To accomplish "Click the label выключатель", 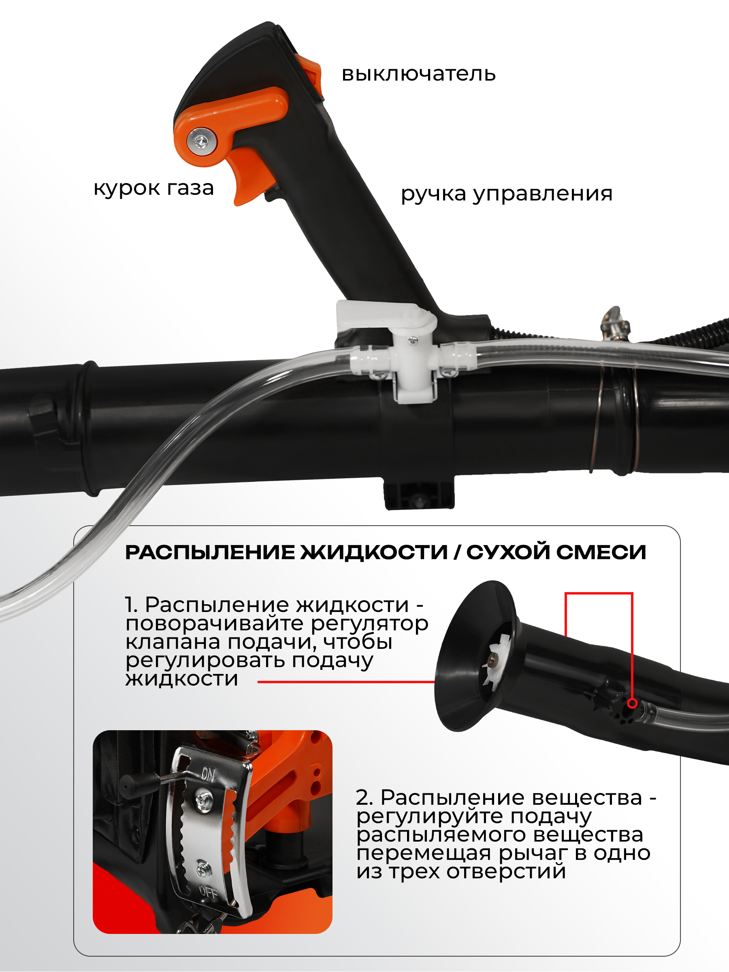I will point(418,74).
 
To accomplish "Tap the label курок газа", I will point(153,188).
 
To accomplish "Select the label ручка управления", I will point(506,193).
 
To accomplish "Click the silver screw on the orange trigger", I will point(202,141).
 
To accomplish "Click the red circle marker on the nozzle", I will point(632,703).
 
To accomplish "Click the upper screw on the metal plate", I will point(203,797).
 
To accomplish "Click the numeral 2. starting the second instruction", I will point(364,797).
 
